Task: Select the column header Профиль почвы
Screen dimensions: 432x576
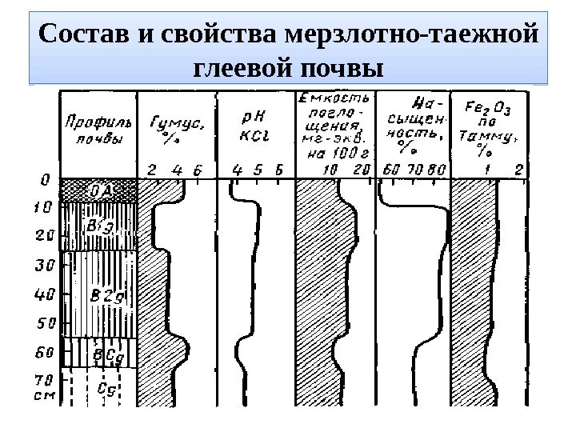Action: [x=94, y=131]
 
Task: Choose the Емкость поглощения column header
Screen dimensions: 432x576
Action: [x=334, y=128]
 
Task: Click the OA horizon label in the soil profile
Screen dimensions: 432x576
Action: [x=102, y=190]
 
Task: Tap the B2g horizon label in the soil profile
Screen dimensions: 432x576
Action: [x=104, y=297]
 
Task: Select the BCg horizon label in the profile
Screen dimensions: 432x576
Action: [x=107, y=353]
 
